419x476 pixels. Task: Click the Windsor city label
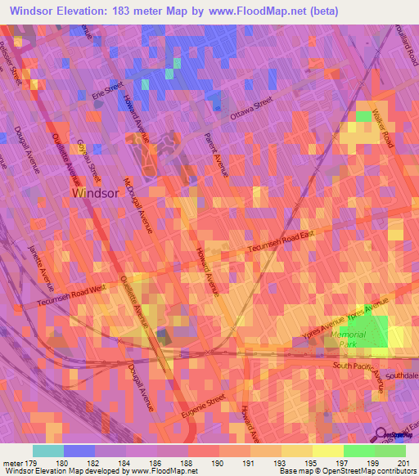(x=97, y=194)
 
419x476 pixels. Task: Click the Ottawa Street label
(x=250, y=111)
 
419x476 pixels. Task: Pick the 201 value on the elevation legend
(x=401, y=464)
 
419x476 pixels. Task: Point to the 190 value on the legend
(x=219, y=464)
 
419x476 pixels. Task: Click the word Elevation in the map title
(x=85, y=10)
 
